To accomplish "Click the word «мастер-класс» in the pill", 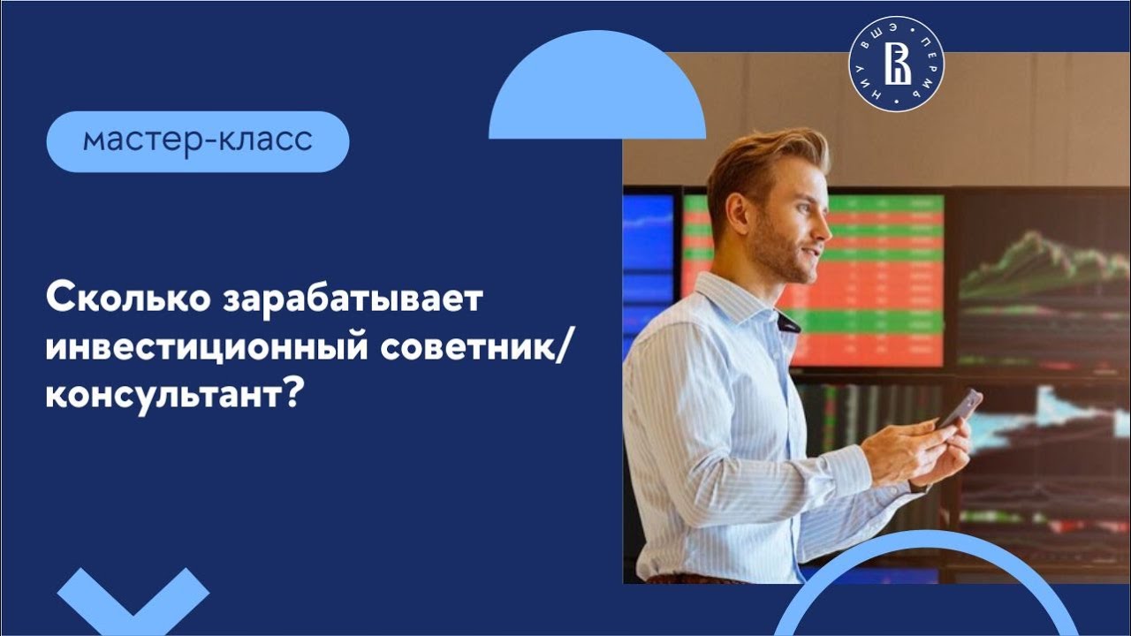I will [198, 141].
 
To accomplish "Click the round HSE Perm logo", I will [896, 64].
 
